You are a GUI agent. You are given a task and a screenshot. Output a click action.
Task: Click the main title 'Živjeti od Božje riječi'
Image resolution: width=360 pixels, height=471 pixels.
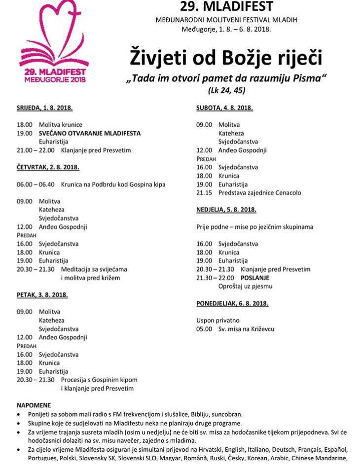(226, 57)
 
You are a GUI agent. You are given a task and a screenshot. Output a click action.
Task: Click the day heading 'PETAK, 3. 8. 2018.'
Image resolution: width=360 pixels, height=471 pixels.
(42, 295)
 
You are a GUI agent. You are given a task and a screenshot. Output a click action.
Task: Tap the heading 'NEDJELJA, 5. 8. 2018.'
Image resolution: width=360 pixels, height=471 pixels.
(226, 210)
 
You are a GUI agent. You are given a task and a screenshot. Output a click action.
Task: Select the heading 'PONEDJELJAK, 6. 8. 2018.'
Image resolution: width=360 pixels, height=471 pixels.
(232, 303)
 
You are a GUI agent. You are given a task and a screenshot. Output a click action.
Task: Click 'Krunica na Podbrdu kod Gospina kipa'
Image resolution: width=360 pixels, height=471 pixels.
(113, 184)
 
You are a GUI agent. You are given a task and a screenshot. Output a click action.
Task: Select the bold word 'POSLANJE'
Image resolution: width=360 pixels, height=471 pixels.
(254, 278)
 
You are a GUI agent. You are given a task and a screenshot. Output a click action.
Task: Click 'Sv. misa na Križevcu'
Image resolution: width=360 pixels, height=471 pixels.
(247, 329)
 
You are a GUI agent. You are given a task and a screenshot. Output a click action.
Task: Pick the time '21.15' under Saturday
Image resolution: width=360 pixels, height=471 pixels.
(204, 193)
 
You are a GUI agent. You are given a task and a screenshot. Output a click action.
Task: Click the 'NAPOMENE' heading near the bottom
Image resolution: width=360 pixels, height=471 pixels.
(34, 405)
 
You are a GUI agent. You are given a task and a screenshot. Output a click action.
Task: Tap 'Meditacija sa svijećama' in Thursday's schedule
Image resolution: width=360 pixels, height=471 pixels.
(94, 269)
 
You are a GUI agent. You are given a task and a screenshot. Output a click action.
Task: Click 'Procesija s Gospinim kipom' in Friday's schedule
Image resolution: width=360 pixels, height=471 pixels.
(99, 380)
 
